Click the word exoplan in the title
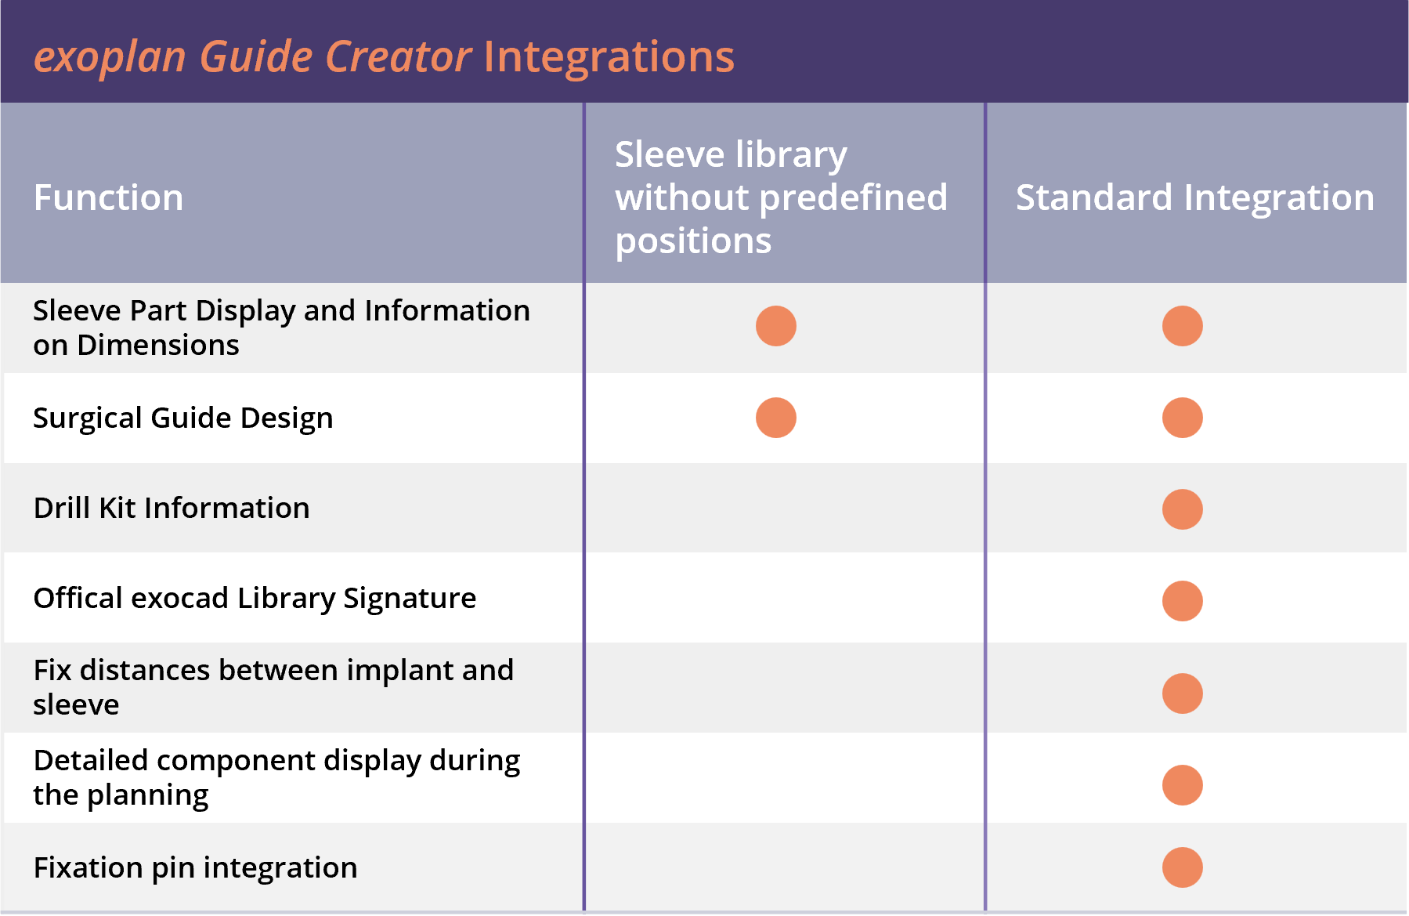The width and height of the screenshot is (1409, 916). click(110, 58)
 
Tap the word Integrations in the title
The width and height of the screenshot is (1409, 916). click(609, 57)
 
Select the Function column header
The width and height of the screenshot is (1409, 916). click(109, 197)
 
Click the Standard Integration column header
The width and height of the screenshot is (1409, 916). click(1195, 198)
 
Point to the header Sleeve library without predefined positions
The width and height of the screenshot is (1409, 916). click(782, 197)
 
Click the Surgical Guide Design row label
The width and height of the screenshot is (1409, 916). click(183, 418)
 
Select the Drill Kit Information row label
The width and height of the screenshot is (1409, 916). click(172, 508)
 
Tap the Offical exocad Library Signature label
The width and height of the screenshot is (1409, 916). click(255, 599)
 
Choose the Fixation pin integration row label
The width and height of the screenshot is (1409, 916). click(195, 868)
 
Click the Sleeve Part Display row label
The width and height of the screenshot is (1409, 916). click(282, 328)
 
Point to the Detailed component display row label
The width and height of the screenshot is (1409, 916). click(276, 778)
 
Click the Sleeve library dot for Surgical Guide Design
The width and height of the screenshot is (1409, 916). click(776, 418)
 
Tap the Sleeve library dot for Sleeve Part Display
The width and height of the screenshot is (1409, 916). click(776, 326)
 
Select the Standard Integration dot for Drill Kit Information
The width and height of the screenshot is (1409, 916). click(1183, 509)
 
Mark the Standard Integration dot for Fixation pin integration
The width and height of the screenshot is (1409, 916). click(1183, 867)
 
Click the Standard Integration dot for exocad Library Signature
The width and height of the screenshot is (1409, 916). click(1183, 601)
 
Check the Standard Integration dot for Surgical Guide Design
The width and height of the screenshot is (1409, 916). click(1183, 418)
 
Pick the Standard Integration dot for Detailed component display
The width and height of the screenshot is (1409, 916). click(1183, 785)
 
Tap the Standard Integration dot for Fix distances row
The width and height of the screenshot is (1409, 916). click(1183, 693)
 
